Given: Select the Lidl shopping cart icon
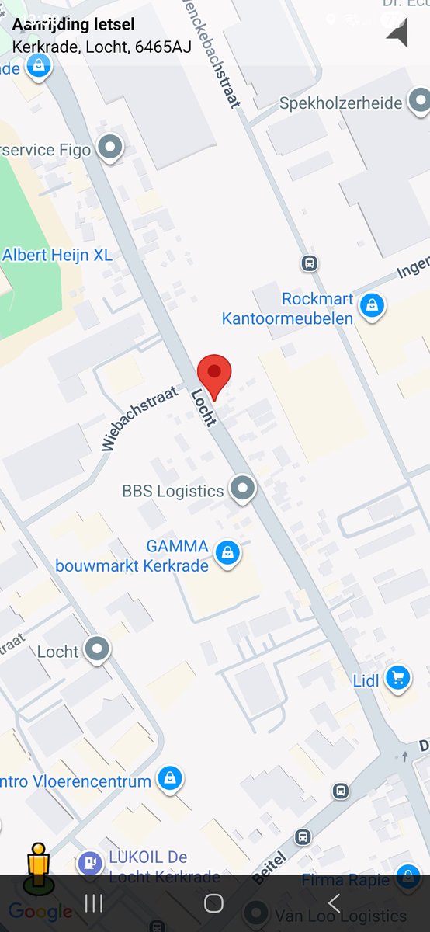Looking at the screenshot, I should (398, 678).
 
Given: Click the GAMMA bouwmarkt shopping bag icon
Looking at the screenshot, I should (227, 554).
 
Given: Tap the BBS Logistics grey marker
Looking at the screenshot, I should (244, 489).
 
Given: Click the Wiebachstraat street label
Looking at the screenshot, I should (139, 418).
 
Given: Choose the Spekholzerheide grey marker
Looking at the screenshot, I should (420, 101).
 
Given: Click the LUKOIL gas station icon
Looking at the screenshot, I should (90, 862).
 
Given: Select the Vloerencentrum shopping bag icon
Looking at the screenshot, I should (169, 778).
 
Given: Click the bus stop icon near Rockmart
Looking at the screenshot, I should (310, 263).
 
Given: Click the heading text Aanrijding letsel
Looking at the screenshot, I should (73, 25).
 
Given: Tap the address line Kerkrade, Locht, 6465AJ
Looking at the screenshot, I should (102, 47).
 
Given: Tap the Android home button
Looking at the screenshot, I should (213, 902).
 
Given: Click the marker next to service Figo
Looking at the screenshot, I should (110, 148).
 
